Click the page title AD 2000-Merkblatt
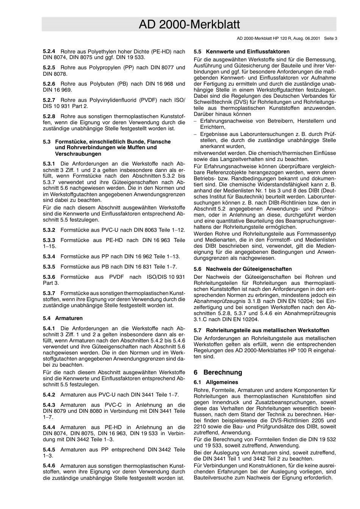189,25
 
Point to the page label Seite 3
330,38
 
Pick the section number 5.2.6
49,84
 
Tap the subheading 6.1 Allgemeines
216,382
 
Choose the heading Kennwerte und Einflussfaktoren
248,52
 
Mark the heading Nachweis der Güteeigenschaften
249,269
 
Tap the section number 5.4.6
49,466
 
